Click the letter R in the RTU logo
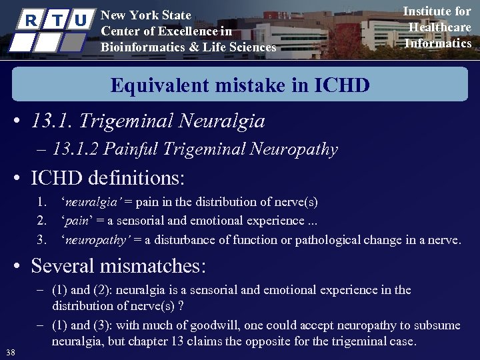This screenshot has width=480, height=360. click(x=29, y=20)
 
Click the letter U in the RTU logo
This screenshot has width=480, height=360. click(x=80, y=20)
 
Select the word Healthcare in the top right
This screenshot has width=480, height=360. click(x=439, y=27)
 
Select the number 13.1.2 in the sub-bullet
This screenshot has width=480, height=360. click(x=75, y=149)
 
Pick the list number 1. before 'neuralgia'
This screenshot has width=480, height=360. click(x=41, y=202)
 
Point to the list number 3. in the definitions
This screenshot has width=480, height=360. click(x=41, y=239)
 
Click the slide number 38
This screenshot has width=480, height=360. click(x=11, y=352)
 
